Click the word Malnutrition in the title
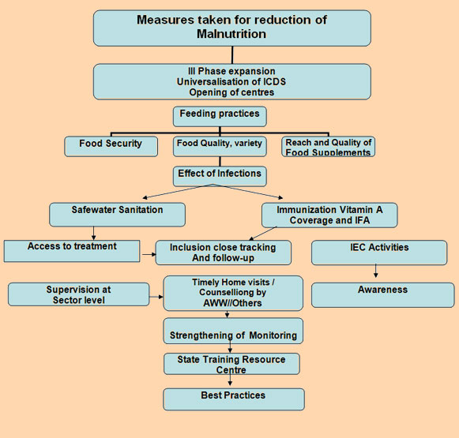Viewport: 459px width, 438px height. click(x=231, y=34)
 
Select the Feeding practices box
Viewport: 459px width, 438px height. click(x=220, y=116)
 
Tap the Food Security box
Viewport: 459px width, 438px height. click(x=111, y=146)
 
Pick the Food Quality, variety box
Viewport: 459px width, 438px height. click(x=220, y=146)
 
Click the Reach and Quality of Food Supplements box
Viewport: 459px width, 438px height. click(x=328, y=146)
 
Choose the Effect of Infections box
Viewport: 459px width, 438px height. click(x=220, y=176)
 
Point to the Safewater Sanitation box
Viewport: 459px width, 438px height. click(x=117, y=215)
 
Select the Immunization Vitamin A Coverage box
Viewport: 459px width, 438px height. click(x=329, y=215)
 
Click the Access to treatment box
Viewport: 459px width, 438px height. click(x=72, y=251)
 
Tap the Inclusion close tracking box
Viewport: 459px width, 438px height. click(x=224, y=253)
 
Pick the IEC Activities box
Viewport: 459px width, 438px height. click(x=379, y=253)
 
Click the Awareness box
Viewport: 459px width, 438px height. click(x=383, y=294)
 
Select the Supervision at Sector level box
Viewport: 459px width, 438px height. click(x=78, y=294)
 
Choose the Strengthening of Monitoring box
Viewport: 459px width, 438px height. click(x=233, y=331)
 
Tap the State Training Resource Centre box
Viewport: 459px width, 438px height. click(x=231, y=364)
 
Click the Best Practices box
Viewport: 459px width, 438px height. click(x=234, y=399)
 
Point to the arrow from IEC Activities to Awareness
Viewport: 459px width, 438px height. click(x=376, y=271)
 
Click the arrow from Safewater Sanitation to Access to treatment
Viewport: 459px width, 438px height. click(x=94, y=234)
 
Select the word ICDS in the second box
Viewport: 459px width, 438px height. click(x=274, y=81)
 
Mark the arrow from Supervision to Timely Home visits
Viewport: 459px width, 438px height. click(x=156, y=297)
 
